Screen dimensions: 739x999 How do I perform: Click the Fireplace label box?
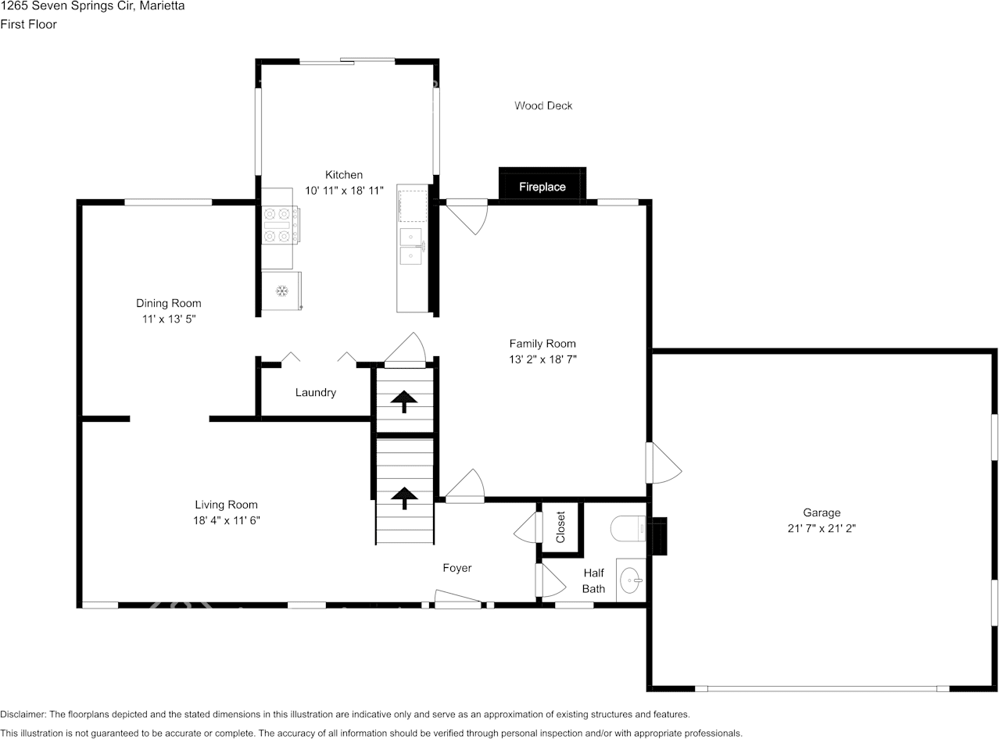click(x=542, y=187)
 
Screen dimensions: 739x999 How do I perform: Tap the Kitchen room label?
click(x=344, y=175)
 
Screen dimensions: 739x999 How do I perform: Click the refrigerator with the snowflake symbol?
click(x=281, y=291)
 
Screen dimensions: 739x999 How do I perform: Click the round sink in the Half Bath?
click(x=630, y=580)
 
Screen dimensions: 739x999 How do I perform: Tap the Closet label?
click(x=560, y=527)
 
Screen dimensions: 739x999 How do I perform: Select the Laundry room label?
click(x=316, y=392)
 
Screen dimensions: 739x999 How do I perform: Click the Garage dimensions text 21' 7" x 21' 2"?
click(x=822, y=528)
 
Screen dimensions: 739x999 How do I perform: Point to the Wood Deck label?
click(x=543, y=105)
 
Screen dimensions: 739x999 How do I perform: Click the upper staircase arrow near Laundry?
click(x=404, y=402)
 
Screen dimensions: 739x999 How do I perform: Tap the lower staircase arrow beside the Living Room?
click(x=404, y=497)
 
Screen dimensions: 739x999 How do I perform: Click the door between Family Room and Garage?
click(x=663, y=464)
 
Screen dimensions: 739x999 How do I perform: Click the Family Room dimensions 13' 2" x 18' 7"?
click(x=542, y=359)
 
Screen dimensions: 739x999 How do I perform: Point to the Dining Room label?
click(x=169, y=303)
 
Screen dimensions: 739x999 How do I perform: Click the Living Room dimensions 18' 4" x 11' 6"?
click(x=227, y=520)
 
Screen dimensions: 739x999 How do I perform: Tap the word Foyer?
click(x=457, y=568)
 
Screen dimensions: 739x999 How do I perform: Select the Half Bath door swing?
click(x=550, y=580)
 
